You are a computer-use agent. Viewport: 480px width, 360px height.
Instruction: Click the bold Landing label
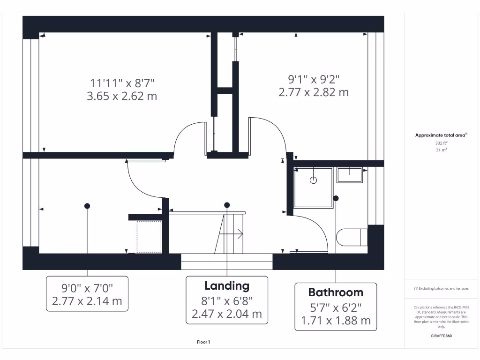pyautogui.click(x=227, y=286)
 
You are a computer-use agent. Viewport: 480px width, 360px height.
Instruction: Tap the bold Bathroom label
pyautogui.click(x=336, y=292)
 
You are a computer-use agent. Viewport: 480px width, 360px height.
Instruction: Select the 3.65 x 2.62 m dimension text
pyautogui.click(x=122, y=97)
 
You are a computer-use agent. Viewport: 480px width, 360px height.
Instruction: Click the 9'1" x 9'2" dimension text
pyautogui.click(x=314, y=79)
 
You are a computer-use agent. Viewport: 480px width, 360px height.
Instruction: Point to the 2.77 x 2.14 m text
pyautogui.click(x=87, y=301)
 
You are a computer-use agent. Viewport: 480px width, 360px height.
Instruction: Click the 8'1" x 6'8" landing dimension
pyautogui.click(x=227, y=300)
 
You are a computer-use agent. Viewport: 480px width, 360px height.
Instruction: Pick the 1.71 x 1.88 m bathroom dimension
pyautogui.click(x=336, y=321)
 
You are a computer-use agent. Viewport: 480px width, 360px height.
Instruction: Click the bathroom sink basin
pyautogui.click(x=350, y=175)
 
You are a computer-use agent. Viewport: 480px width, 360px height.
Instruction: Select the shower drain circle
pyautogui.click(x=314, y=180)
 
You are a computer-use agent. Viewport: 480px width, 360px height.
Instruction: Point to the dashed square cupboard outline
pyautogui.click(x=149, y=237)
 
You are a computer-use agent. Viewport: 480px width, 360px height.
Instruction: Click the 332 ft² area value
pyautogui.click(x=441, y=143)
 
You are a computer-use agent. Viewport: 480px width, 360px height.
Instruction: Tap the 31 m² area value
pyautogui.click(x=441, y=150)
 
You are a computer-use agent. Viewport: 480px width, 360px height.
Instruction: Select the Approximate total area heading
pyautogui.click(x=440, y=135)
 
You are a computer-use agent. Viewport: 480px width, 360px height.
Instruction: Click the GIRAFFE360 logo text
pyautogui.click(x=441, y=336)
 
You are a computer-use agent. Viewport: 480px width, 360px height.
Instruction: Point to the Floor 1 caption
pyautogui.click(x=203, y=342)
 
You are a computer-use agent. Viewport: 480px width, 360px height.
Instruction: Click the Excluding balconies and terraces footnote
pyautogui.click(x=441, y=288)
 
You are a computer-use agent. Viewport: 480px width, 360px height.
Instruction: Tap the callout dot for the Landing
pyautogui.click(x=227, y=205)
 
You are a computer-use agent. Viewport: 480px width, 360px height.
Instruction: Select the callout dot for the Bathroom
pyautogui.click(x=336, y=198)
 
